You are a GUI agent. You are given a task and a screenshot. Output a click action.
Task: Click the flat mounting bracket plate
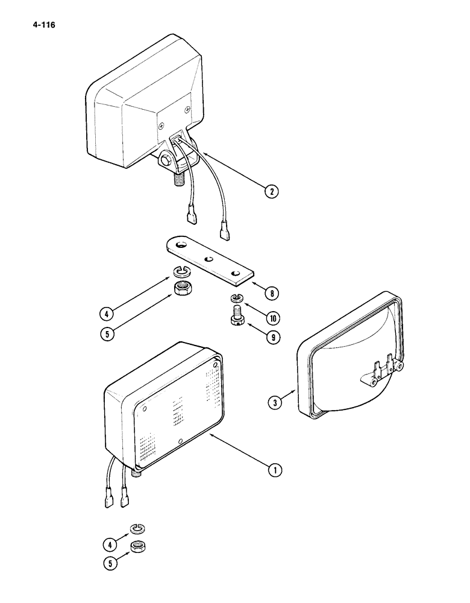[208, 260]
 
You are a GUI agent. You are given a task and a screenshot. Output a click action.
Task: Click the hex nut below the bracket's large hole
[181, 288]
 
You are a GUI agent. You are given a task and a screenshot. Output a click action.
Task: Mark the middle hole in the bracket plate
[208, 259]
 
